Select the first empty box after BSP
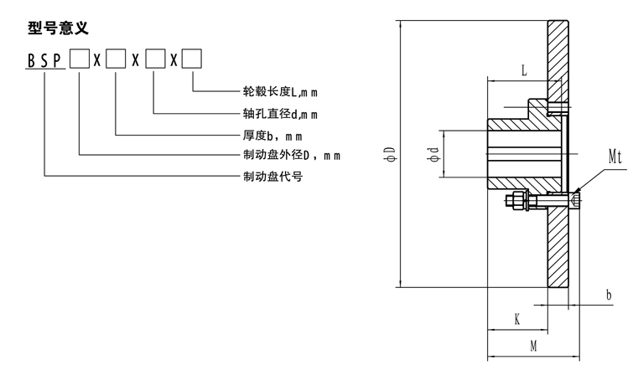[x=79, y=60]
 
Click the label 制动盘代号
[x=272, y=176]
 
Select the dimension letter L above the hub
[x=524, y=71]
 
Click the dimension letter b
[x=609, y=295]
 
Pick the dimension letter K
[x=517, y=320]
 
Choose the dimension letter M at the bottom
[x=533, y=344]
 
